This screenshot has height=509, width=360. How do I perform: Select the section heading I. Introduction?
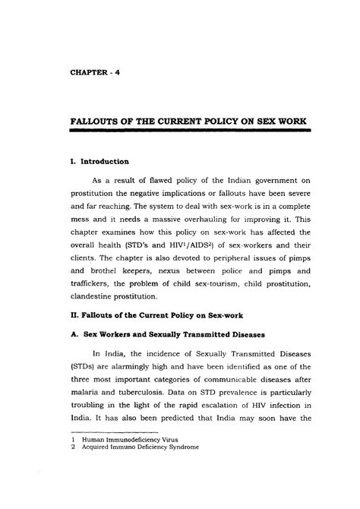[96, 161]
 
